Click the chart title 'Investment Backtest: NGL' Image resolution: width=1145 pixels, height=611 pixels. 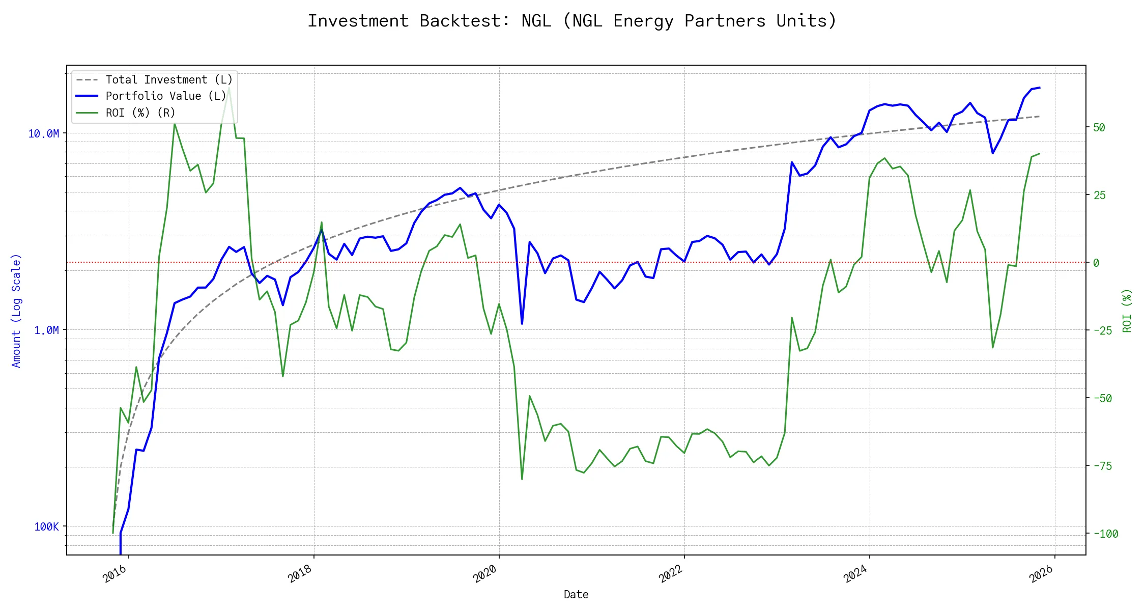click(x=572, y=21)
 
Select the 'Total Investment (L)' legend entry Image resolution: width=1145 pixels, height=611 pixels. click(x=168, y=80)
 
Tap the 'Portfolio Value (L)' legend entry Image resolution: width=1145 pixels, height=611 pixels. click(x=165, y=96)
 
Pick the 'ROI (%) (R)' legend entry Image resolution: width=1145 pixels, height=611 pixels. click(x=140, y=113)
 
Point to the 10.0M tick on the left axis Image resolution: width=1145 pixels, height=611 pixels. click(x=43, y=134)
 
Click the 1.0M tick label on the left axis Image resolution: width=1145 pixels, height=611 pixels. click(x=46, y=330)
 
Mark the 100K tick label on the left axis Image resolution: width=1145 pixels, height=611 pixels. click(x=46, y=527)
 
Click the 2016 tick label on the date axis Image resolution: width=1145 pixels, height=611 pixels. click(x=114, y=574)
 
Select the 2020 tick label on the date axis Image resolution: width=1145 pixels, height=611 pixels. click(x=485, y=574)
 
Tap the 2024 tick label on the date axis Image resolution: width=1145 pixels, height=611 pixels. click(x=855, y=574)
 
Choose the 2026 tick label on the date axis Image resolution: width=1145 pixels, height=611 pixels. click(x=1041, y=574)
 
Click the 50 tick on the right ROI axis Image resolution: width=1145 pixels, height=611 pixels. click(x=1099, y=127)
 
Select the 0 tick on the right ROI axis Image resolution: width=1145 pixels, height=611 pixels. click(x=1096, y=263)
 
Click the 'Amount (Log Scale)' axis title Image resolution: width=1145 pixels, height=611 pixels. click(x=16, y=311)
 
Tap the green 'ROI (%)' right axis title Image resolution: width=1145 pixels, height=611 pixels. click(x=1127, y=311)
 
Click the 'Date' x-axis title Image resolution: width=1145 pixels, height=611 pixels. click(x=576, y=595)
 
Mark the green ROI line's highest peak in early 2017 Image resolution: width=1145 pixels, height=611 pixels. click(x=229, y=88)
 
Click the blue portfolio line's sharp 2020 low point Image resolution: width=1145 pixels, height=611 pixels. click(x=522, y=324)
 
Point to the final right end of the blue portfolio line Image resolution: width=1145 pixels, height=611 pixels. click(x=1039, y=88)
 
